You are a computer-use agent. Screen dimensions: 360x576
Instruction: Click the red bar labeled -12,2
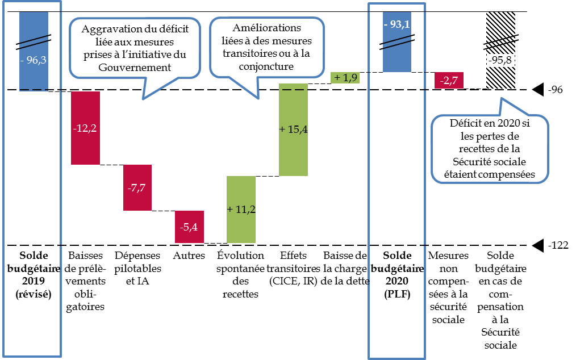85,128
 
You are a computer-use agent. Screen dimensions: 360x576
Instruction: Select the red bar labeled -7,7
137,187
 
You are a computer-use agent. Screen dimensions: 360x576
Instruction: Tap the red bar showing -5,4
189,227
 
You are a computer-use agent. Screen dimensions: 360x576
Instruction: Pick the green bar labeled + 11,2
241,210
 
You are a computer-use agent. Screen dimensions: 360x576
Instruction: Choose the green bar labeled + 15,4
293,129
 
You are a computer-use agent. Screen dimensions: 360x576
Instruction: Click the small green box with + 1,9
345,78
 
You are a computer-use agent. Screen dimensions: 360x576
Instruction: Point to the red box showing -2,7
449,81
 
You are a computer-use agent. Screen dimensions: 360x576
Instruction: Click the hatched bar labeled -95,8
500,50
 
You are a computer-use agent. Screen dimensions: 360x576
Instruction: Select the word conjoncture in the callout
266,66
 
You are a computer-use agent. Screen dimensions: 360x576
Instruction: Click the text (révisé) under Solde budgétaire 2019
34,294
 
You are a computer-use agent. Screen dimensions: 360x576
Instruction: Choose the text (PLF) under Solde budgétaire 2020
397,294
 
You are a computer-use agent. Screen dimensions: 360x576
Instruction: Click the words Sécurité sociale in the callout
490,161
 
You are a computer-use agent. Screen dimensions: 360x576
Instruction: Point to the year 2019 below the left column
34,281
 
